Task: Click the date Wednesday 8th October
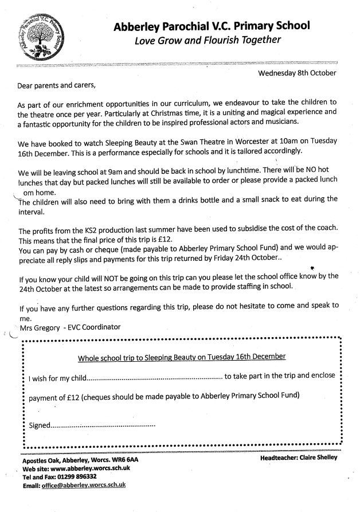297,73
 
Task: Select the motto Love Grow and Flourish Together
208,40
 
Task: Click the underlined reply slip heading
181,357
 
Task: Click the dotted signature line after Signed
103,426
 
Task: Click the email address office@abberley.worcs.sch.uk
82,484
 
